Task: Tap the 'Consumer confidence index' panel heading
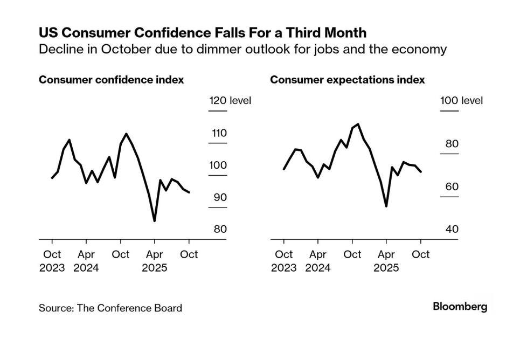pos(111,80)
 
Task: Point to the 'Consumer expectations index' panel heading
pos(347,80)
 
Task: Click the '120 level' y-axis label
pos(230,101)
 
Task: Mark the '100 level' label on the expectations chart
pos(461,101)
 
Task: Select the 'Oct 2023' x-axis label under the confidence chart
pos(52,261)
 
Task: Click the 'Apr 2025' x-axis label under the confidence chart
pos(155,261)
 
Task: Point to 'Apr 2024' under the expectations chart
pos(318,261)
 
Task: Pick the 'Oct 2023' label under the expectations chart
pos(283,261)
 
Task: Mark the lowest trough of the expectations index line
pos(386,206)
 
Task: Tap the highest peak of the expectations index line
pos(358,124)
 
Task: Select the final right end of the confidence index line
pos(189,192)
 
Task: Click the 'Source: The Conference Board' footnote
pos(110,308)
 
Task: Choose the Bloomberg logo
pos(460,307)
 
